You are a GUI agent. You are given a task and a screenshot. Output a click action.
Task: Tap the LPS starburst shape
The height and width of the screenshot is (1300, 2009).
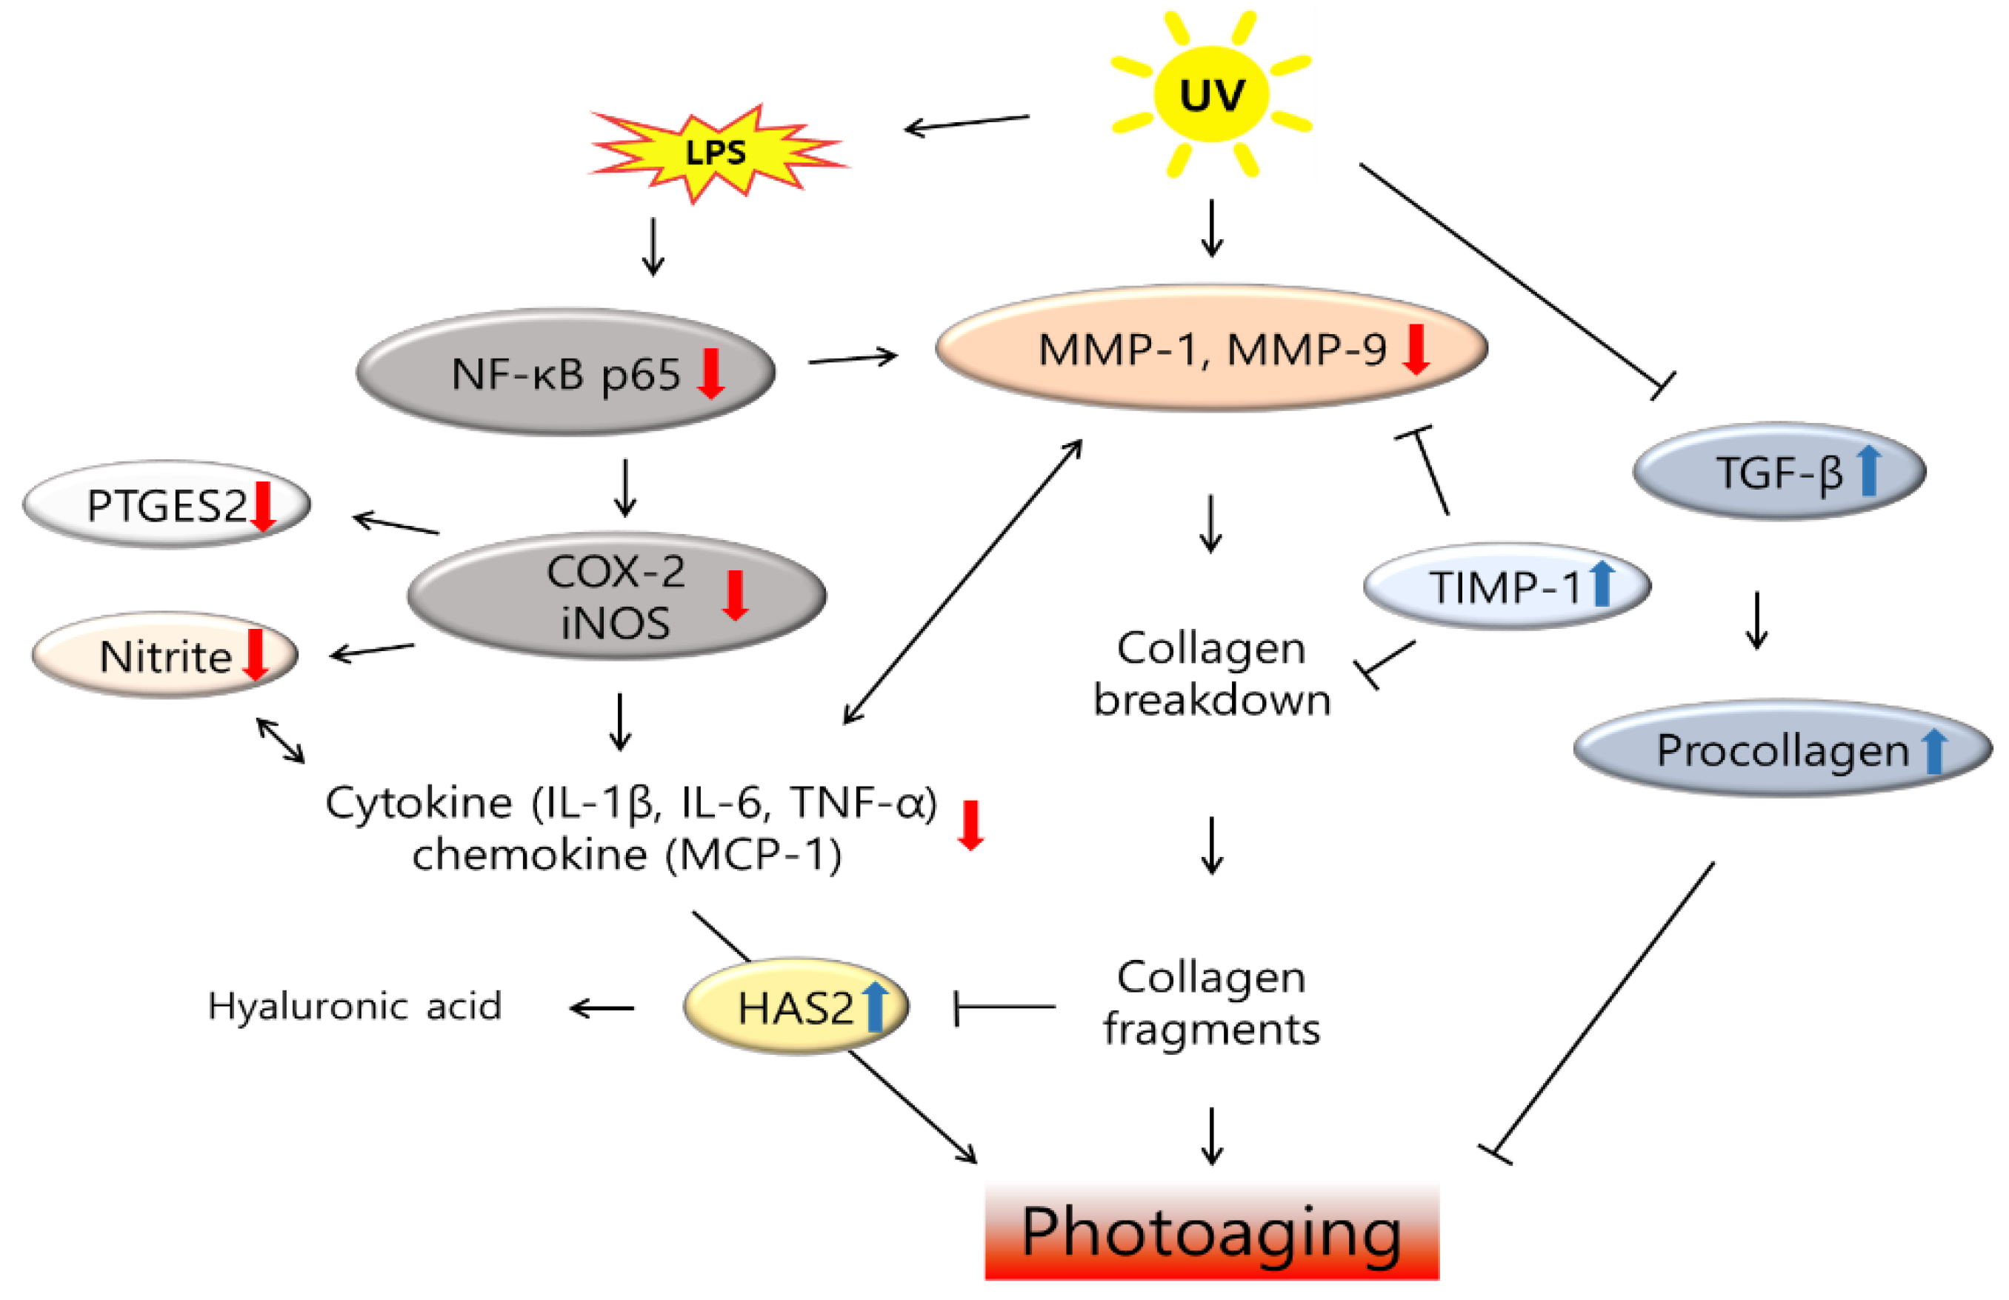(716, 153)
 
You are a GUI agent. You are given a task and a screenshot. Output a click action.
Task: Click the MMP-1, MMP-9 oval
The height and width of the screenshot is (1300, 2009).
(1211, 348)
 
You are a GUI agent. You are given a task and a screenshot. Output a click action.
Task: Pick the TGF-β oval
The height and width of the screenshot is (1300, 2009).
(1779, 471)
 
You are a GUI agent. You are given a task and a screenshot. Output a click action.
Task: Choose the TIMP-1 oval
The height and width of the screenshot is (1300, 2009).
(1507, 586)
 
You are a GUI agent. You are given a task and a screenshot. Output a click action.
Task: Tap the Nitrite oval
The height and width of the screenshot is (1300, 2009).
(165, 656)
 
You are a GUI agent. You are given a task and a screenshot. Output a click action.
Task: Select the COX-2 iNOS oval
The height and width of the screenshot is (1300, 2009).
(616, 596)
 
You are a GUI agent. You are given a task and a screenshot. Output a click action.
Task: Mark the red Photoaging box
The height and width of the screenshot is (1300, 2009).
(1211, 1233)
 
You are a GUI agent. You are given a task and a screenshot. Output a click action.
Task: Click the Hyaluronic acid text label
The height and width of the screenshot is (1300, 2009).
(355, 1006)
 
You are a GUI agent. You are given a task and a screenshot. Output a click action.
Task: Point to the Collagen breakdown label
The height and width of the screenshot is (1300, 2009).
(1211, 673)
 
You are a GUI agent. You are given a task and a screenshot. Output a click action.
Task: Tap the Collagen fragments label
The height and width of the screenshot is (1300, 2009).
(1211, 1003)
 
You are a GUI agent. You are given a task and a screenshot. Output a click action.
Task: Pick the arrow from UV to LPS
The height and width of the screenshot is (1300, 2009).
(967, 123)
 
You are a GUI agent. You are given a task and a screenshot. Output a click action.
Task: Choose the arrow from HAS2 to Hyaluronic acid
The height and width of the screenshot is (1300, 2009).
(602, 1007)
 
